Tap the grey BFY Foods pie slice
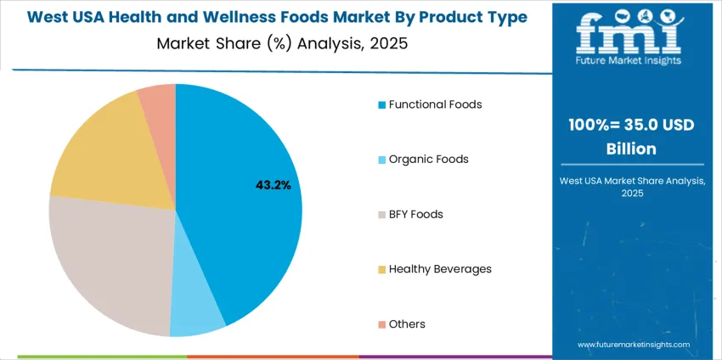(110, 263)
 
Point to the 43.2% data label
(274, 184)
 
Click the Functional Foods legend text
(435, 104)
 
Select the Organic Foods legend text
(428, 159)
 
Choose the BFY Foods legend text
(415, 214)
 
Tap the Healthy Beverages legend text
(440, 269)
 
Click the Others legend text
(407, 323)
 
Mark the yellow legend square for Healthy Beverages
(382, 270)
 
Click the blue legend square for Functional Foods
(382, 105)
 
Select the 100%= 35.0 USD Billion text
(632, 136)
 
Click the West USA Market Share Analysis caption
(631, 186)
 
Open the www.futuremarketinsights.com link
(631, 345)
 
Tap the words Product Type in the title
(477, 17)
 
